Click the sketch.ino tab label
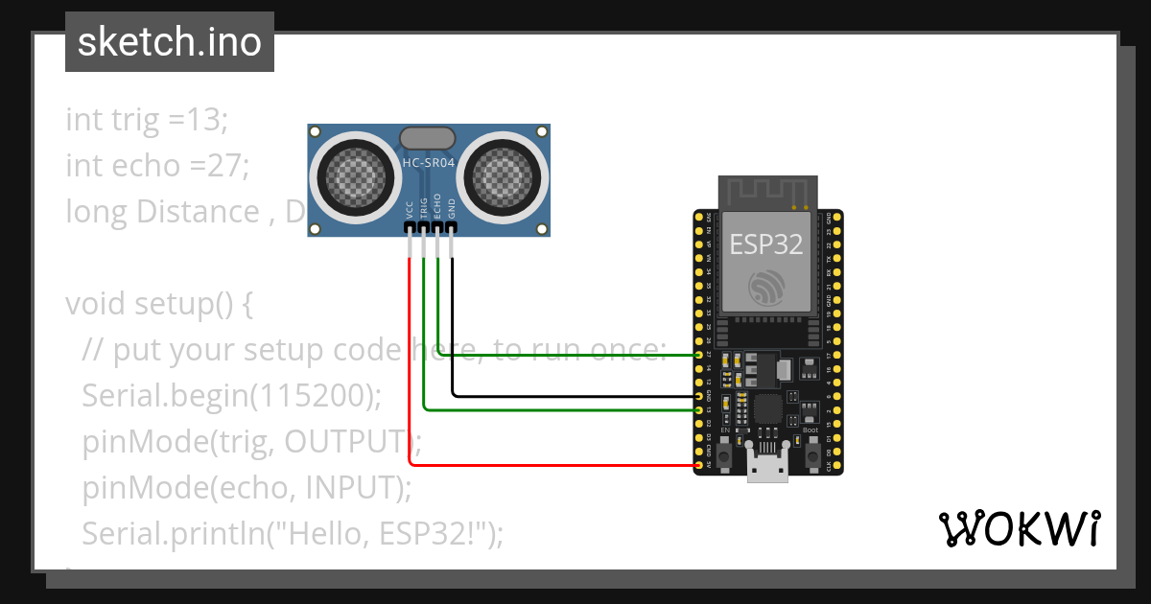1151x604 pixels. click(x=169, y=42)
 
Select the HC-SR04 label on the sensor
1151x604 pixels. click(x=428, y=163)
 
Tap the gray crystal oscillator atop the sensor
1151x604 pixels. click(x=428, y=138)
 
